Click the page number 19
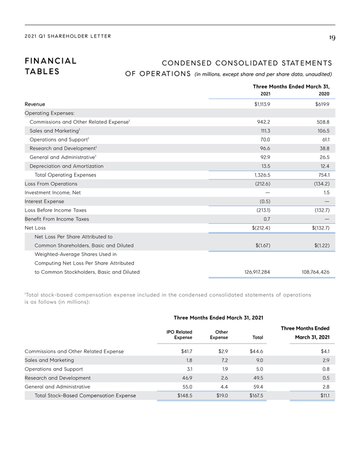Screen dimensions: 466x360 tap(332, 37)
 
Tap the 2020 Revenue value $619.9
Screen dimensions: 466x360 tap(321, 105)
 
